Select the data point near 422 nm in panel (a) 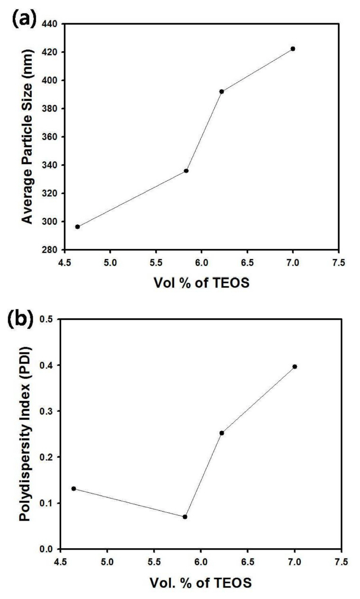[x=293, y=49]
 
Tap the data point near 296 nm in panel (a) [x=77, y=227]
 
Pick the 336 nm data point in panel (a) [x=186, y=171]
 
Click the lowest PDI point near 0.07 [x=185, y=516]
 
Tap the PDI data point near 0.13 [x=74, y=488]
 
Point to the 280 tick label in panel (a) [x=54, y=250]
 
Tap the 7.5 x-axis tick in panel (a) [x=338, y=260]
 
